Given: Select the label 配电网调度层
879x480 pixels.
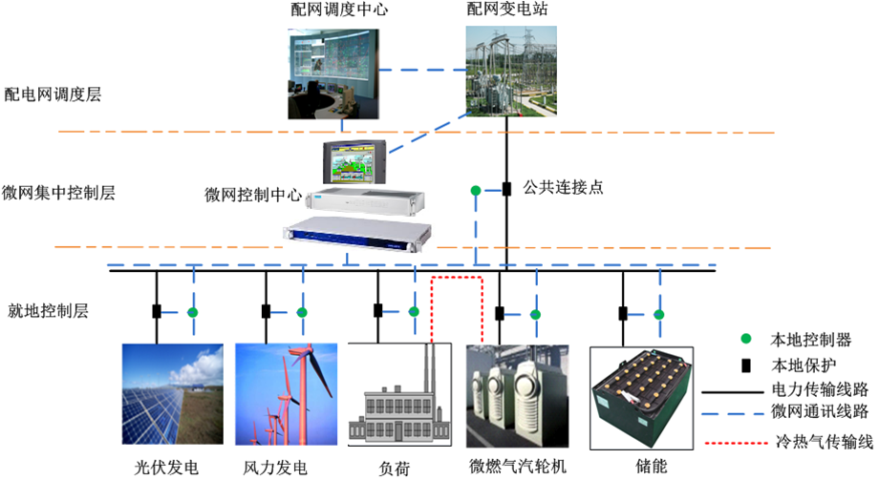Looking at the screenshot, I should point(54,94).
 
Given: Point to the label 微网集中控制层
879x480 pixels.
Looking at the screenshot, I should point(59,193).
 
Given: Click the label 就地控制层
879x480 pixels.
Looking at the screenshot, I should point(48,311).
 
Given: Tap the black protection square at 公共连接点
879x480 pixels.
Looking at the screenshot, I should point(506,189).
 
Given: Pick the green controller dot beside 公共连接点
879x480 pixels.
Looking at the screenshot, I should point(475,192).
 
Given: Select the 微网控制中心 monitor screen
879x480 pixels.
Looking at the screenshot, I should point(354,163).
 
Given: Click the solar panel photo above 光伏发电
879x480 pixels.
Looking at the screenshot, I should point(172,395).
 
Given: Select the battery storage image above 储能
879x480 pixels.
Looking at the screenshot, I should point(639,398).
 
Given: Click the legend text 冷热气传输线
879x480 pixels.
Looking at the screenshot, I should point(823,442).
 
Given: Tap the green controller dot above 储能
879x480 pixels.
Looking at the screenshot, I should point(658,314).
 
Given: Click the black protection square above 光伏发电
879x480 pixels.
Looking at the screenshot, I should point(156,311).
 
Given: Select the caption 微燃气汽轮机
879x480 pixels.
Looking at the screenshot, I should point(518,467).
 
